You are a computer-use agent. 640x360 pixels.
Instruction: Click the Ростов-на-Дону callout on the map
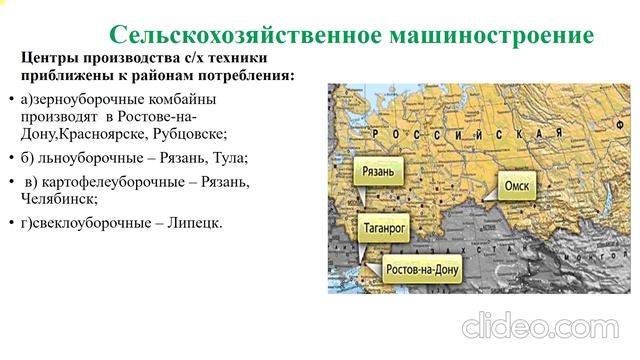(426, 268)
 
